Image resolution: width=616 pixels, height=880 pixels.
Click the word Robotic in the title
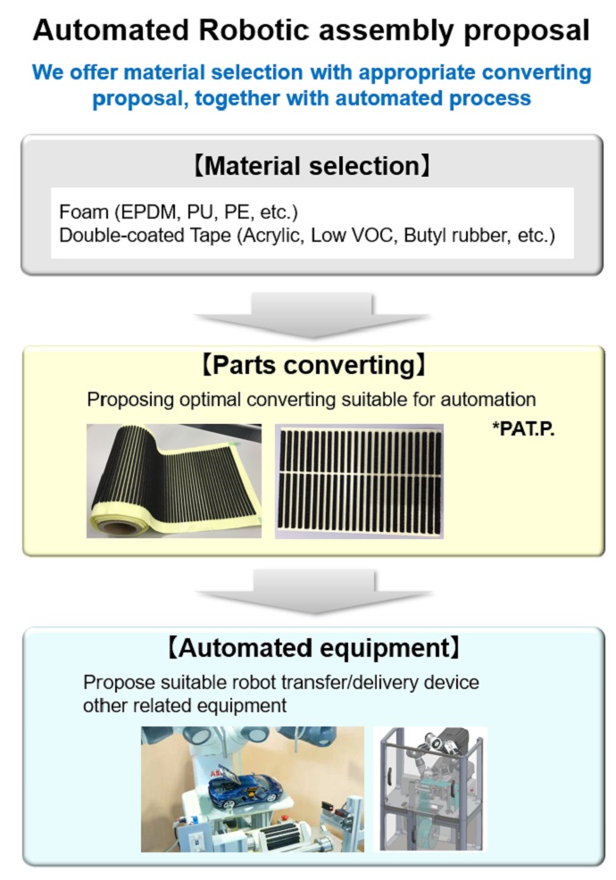tap(254, 30)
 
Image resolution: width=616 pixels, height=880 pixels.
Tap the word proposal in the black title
tap(526, 32)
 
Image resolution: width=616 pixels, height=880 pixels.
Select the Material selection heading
tap(312, 166)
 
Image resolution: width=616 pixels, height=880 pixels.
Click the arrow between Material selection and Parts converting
tap(312, 314)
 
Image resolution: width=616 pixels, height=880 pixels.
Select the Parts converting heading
tap(312, 365)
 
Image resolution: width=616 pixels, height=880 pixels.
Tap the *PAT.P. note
tap(523, 428)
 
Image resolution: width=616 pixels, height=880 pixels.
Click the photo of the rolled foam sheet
tap(174, 481)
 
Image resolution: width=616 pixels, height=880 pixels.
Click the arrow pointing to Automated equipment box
tap(314, 592)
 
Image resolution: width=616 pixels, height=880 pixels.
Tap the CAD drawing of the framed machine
tap(430, 789)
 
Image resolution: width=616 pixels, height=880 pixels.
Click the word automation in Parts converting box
tap(488, 400)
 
